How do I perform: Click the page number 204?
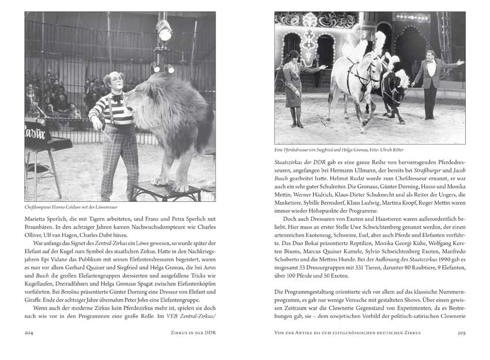click(x=32, y=332)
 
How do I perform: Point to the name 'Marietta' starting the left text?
click(x=37, y=218)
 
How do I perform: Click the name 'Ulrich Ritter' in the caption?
click(x=397, y=149)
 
